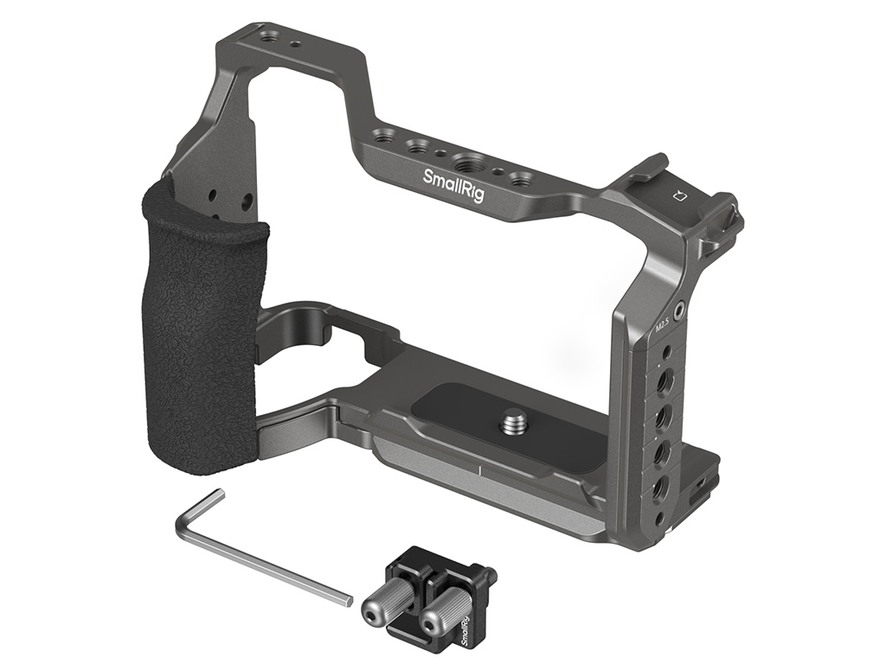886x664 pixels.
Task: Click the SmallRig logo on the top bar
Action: [x=453, y=184]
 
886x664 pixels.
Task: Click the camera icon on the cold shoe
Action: [x=680, y=197]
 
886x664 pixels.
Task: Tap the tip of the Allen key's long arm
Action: [x=349, y=600]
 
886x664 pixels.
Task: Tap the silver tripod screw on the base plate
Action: [x=511, y=422]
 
